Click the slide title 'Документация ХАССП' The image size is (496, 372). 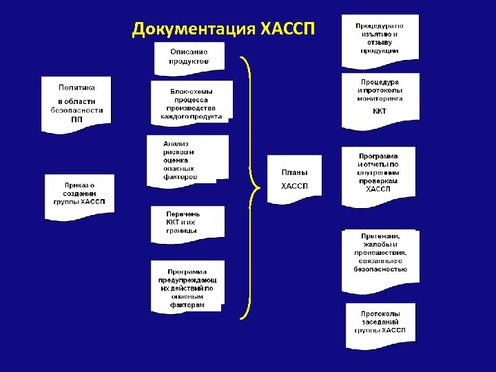223,30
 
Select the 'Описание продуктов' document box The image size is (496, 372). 189,57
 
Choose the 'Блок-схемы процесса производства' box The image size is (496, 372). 192,103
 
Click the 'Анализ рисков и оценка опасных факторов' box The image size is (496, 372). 187,160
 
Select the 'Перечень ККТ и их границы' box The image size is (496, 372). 187,224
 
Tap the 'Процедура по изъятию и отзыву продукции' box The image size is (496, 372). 380,39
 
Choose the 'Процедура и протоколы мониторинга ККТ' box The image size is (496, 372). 380,100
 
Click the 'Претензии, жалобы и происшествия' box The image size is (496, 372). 380,252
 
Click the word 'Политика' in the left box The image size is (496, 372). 76,87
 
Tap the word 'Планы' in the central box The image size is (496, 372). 295,172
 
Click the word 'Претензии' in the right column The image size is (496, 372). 380,236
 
